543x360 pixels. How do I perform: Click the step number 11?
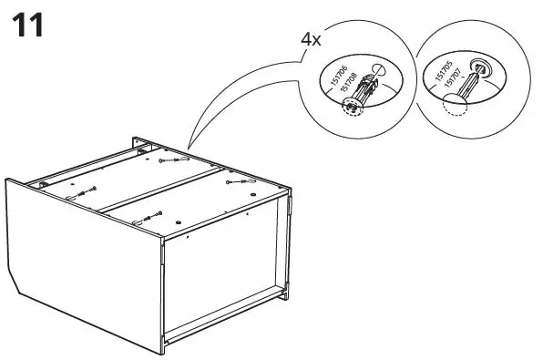[27, 25]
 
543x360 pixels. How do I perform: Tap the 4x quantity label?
[312, 39]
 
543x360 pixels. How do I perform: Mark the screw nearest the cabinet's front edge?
[146, 218]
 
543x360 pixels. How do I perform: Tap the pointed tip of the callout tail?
[189, 147]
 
